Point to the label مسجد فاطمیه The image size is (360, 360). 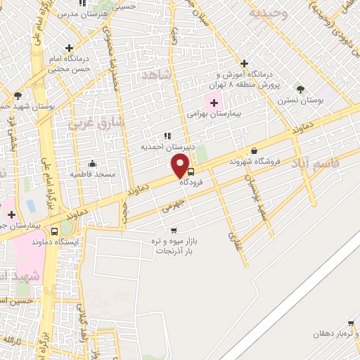(x=89, y=173)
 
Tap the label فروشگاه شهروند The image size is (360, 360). (x=254, y=161)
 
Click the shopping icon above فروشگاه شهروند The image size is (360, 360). (x=254, y=150)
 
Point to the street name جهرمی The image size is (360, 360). (x=172, y=206)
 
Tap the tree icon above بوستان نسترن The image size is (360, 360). (x=301, y=89)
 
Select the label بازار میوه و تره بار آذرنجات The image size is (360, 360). (x=174, y=245)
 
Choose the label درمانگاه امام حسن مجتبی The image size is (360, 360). (x=70, y=64)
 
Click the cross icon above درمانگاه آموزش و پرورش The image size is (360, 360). (x=244, y=63)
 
